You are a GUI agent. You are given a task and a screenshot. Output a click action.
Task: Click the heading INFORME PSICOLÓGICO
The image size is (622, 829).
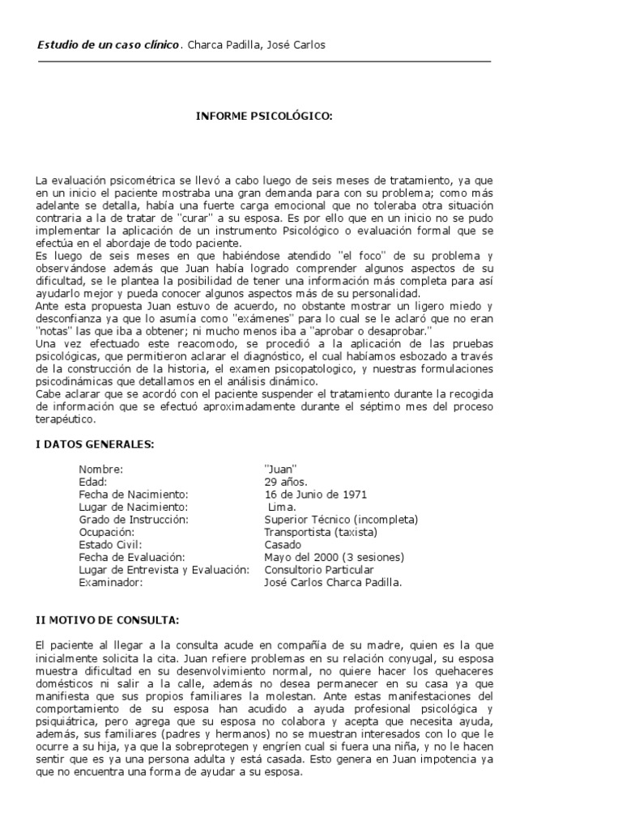264,117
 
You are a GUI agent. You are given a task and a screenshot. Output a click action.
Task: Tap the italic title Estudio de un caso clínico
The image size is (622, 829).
109,45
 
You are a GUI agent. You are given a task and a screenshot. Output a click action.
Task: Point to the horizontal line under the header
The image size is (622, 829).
264,61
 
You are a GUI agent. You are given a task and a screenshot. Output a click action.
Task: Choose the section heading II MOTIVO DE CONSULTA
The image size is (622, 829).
108,620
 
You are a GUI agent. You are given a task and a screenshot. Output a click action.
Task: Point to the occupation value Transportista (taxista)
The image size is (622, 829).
321,532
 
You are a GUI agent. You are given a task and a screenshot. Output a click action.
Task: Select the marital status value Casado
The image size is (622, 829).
283,545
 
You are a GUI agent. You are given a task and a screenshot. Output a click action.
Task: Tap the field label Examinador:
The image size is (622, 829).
109,581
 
